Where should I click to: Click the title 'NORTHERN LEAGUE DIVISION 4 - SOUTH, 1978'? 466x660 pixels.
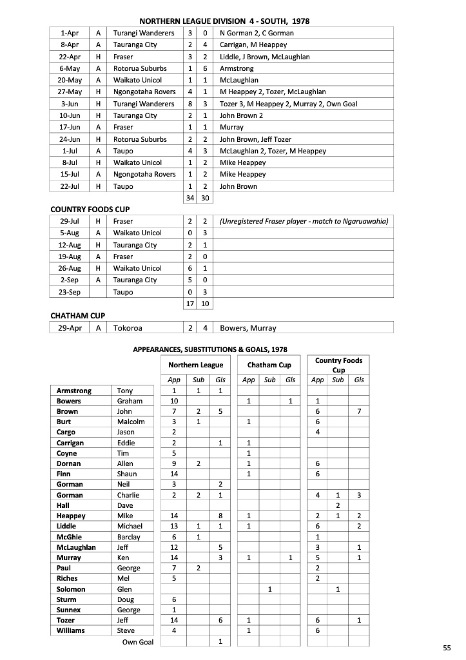tap(224, 21)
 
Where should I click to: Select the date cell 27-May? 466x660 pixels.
tap(70, 92)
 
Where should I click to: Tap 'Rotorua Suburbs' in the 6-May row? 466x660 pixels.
tap(140, 68)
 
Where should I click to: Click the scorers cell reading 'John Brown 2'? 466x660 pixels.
tap(242, 115)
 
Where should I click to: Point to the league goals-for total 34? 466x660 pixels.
tap(190, 198)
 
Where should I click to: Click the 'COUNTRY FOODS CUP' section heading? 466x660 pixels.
tap(90, 209)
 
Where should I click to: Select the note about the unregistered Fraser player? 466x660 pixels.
tap(304, 221)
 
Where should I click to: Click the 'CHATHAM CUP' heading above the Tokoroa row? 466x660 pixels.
tap(77, 315)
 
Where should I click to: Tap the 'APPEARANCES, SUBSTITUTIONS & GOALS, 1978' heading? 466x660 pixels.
tap(210, 349)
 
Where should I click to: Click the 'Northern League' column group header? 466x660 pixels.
tap(195, 365)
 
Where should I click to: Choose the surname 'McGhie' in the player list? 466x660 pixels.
tap(69, 537)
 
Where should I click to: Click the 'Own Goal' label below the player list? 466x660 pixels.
tap(138, 642)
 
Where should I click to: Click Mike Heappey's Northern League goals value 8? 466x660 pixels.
tap(220, 516)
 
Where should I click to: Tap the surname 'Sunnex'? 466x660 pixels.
tap(68, 610)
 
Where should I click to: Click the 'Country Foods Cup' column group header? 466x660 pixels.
tap(338, 365)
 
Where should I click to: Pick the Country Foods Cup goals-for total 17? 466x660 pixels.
tap(190, 304)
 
